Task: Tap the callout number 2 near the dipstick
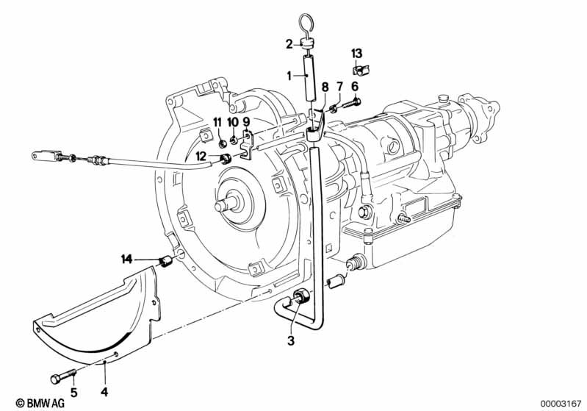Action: (289, 43)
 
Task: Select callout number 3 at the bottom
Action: (292, 340)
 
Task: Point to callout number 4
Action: (104, 371)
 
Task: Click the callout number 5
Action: (73, 371)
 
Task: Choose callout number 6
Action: (355, 86)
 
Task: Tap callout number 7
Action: (339, 86)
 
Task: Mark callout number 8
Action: (323, 86)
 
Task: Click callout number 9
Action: (246, 121)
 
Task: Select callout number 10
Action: (232, 121)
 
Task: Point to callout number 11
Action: (217, 121)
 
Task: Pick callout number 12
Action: (201, 155)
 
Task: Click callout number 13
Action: (356, 53)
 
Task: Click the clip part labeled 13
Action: (360, 70)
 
